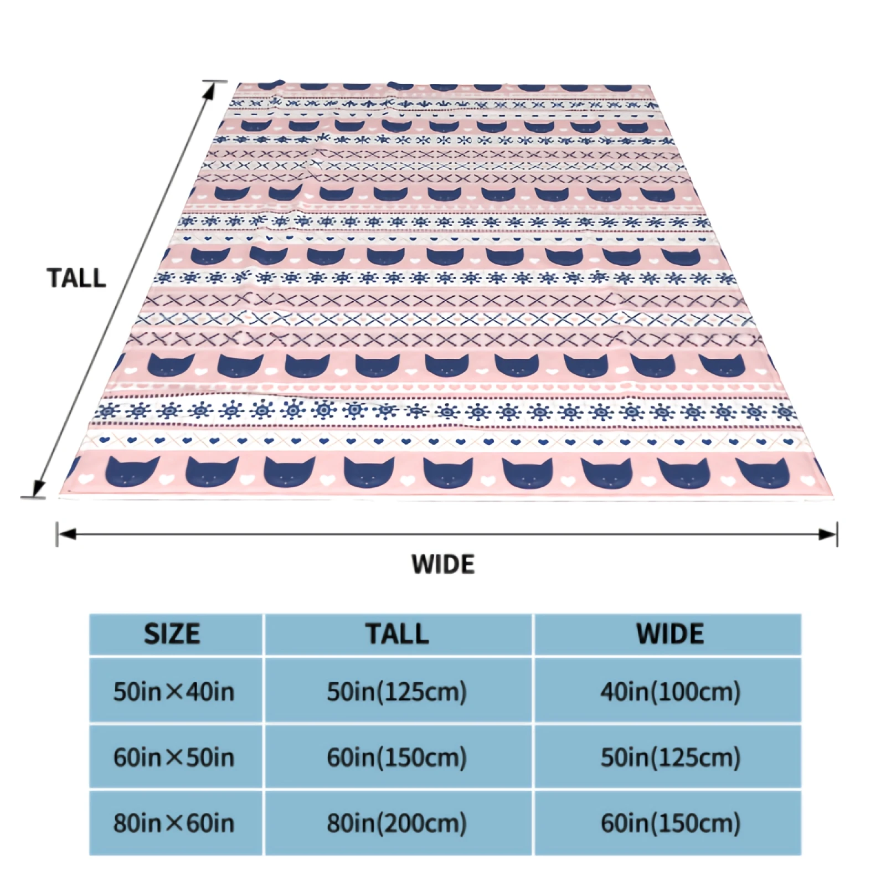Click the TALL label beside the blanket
point(76,278)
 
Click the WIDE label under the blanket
point(443,564)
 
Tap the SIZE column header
point(172,634)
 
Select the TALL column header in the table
point(398,634)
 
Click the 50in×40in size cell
point(174,692)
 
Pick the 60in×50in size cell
point(174,757)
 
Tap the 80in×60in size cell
point(174,823)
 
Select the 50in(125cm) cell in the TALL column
point(397,692)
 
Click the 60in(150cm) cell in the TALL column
point(397,757)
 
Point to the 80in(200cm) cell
point(397,823)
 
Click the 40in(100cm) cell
point(671,692)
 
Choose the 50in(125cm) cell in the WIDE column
point(671,757)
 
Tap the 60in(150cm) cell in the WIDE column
point(671,823)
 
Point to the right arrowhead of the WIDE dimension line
point(828,534)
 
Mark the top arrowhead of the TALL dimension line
point(210,90)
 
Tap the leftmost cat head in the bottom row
point(133,471)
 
